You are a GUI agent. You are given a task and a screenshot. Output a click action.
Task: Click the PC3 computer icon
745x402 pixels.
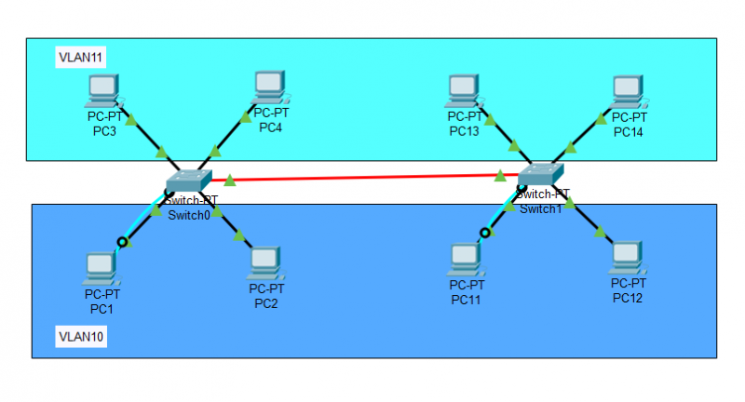point(102,91)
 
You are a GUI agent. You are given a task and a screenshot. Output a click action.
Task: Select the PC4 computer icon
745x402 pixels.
point(270,87)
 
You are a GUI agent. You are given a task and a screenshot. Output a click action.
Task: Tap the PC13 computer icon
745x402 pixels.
point(463,90)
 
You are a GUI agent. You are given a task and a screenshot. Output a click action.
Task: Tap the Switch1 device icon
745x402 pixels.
point(540,174)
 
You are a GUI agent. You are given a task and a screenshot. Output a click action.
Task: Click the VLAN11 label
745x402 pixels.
point(80,58)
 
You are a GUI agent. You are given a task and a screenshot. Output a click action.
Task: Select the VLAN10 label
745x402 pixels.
point(80,336)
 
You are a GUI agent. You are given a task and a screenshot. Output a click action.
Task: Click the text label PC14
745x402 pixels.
point(629,132)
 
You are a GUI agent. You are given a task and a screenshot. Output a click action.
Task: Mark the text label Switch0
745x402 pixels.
point(190,216)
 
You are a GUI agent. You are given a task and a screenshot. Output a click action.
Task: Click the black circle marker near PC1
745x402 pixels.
point(121,242)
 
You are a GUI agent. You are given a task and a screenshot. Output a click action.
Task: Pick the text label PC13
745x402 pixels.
point(464,131)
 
